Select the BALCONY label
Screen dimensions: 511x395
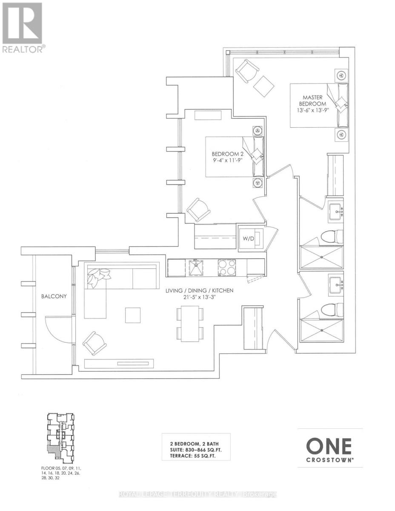click(x=54, y=297)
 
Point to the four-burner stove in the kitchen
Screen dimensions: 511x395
click(x=227, y=268)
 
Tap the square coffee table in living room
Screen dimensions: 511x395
click(x=132, y=315)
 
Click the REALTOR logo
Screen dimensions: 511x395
click(x=22, y=28)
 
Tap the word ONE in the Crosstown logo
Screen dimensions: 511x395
click(x=329, y=447)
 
